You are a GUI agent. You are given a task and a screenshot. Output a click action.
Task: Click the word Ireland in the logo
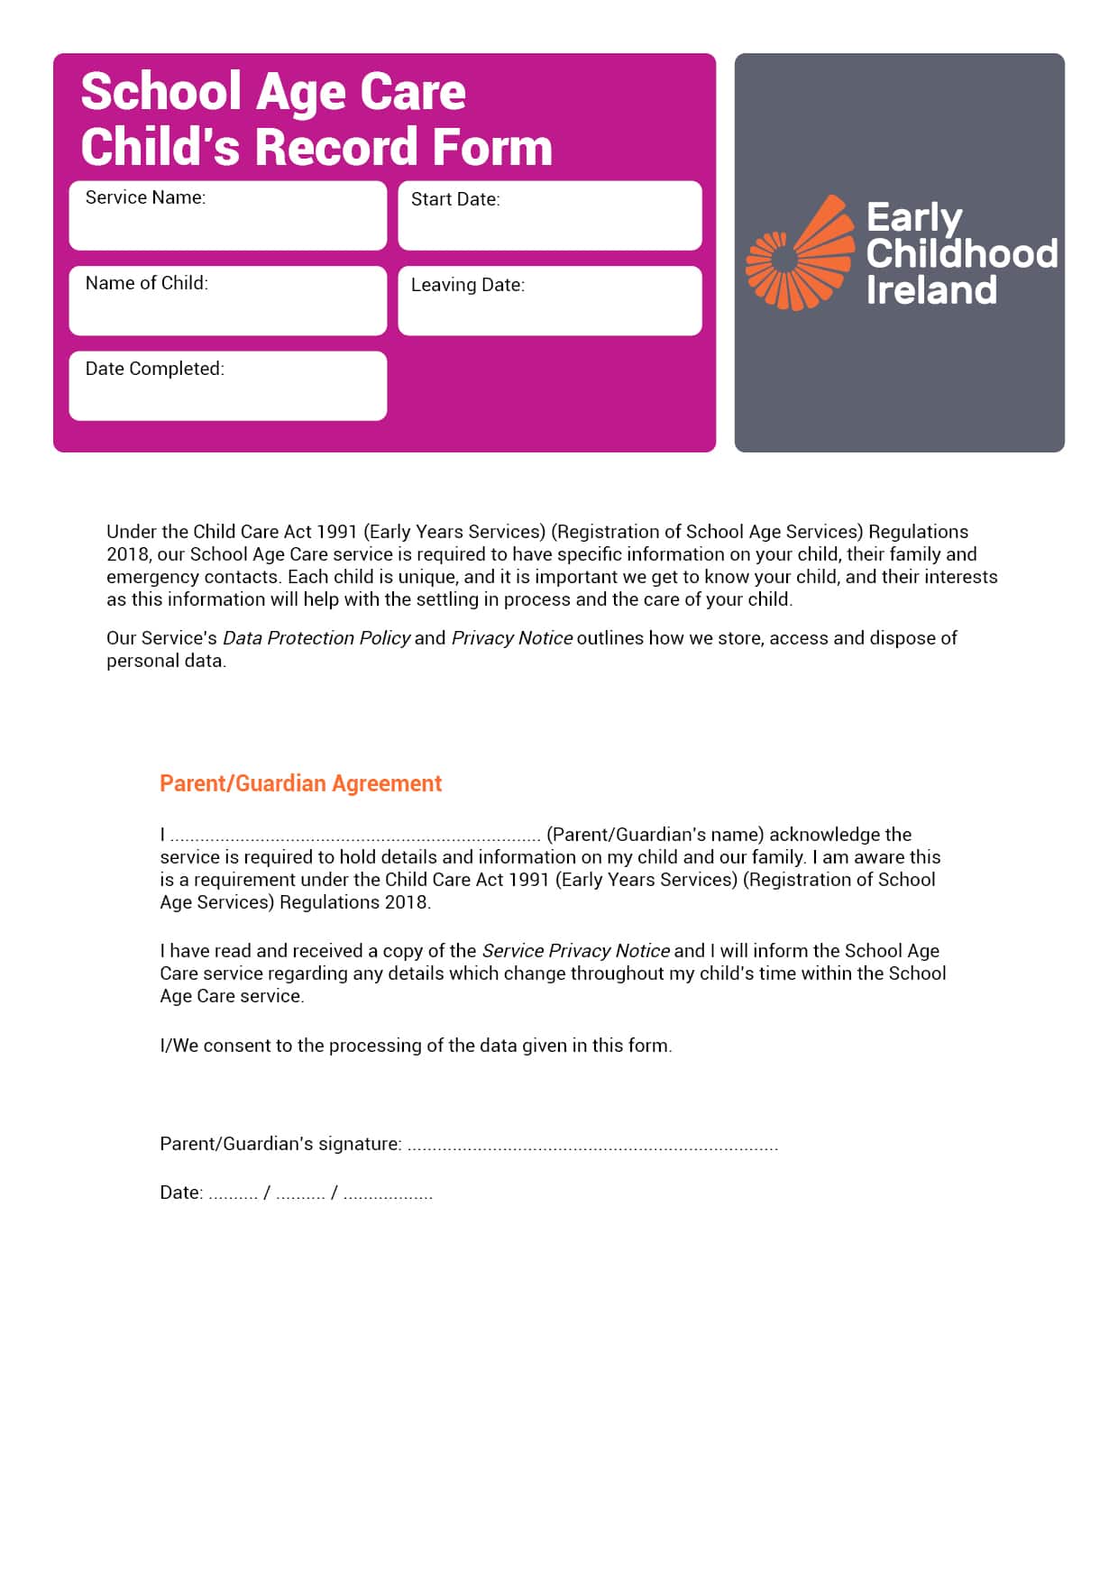pyautogui.click(x=930, y=290)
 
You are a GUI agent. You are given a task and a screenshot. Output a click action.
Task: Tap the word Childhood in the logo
pyautogui.click(x=961, y=253)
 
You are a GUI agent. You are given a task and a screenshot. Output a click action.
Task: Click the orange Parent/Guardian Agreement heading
pyautogui.click(x=300, y=783)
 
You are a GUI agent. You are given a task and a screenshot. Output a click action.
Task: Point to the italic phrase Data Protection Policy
pyautogui.click(x=316, y=638)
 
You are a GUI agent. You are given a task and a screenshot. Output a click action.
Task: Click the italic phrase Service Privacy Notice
pyautogui.click(x=575, y=951)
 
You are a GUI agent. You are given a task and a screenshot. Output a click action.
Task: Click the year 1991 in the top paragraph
pyautogui.click(x=336, y=532)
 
